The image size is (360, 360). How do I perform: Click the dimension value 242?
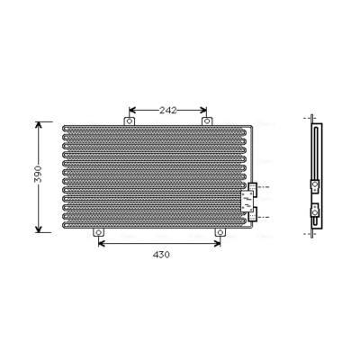(168, 111)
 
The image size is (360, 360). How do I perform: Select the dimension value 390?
(38, 174)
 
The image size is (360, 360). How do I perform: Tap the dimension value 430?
(161, 255)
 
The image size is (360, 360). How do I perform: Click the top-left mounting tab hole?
(130, 121)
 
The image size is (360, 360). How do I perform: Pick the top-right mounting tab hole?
(207, 121)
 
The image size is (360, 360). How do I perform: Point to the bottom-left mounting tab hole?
(98, 232)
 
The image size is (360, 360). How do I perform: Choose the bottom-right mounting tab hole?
(220, 232)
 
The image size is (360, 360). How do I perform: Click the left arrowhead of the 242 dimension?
(132, 111)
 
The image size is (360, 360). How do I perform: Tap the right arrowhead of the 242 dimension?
(203, 111)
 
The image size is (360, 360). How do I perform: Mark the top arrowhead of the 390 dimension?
(39, 125)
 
